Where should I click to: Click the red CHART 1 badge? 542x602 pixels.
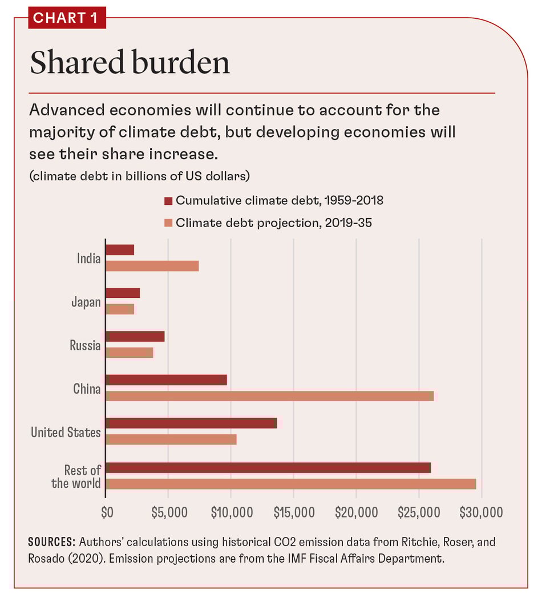tap(67, 18)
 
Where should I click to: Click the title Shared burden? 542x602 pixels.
tap(130, 63)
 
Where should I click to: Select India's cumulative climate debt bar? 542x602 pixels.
tap(120, 249)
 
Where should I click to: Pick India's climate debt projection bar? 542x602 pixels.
tap(152, 266)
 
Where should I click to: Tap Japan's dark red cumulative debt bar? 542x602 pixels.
tap(123, 293)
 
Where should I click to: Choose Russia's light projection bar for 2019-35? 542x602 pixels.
tap(130, 353)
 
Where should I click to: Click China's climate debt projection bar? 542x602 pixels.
tap(270, 396)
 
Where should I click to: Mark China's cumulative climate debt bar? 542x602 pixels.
tap(166, 379)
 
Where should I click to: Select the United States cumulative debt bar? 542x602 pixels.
tap(191, 423)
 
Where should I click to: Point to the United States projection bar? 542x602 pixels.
tap(171, 439)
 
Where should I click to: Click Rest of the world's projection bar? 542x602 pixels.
tap(291, 484)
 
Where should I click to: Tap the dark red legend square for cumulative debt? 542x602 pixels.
tap(168, 201)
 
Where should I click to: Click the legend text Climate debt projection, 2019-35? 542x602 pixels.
tap(274, 223)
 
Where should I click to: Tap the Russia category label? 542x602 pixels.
tap(85, 345)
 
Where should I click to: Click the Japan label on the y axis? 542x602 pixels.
tap(86, 302)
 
